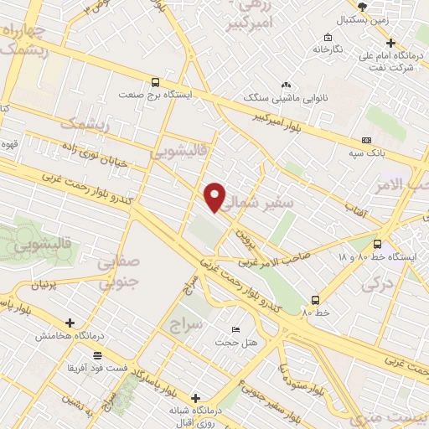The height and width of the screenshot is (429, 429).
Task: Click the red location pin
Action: pos(216,197)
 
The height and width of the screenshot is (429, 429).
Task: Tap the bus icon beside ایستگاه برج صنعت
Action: pos(155,82)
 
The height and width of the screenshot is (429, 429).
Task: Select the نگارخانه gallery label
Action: pos(328,49)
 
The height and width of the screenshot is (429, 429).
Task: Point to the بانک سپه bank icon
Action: pos(366,140)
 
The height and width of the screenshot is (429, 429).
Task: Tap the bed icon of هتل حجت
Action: pos(235,329)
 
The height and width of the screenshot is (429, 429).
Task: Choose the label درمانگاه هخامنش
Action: pos(69,335)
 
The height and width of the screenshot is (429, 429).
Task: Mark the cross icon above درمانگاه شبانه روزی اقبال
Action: pos(196,398)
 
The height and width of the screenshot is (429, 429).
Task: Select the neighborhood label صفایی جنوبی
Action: pos(117,274)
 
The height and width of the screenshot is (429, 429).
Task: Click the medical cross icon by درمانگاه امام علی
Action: pos(390,44)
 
